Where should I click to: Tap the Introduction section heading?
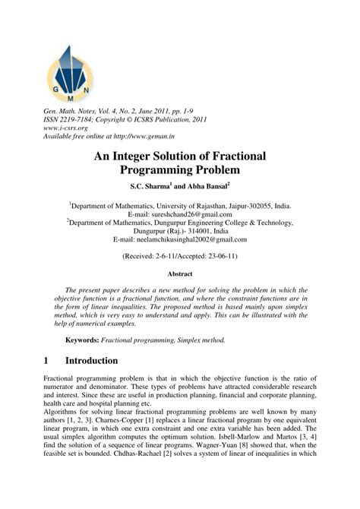(102, 359)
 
